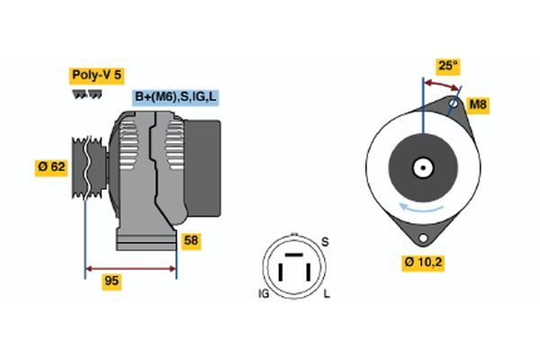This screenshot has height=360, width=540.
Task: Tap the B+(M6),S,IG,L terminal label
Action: pyautogui.click(x=175, y=97)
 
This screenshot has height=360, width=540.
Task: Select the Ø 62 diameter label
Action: pyautogui.click(x=50, y=166)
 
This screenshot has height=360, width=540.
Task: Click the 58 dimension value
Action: pyautogui.click(x=191, y=240)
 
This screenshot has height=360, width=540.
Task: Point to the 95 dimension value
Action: pyautogui.click(x=112, y=282)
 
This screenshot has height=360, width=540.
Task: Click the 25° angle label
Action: pyautogui.click(x=447, y=66)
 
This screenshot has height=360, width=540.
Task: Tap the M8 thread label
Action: pyautogui.click(x=479, y=106)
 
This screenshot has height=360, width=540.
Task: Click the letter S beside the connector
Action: pyautogui.click(x=325, y=241)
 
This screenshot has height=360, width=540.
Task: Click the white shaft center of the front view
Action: pyautogui.click(x=421, y=167)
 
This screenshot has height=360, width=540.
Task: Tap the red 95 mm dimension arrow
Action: pyautogui.click(x=130, y=267)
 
